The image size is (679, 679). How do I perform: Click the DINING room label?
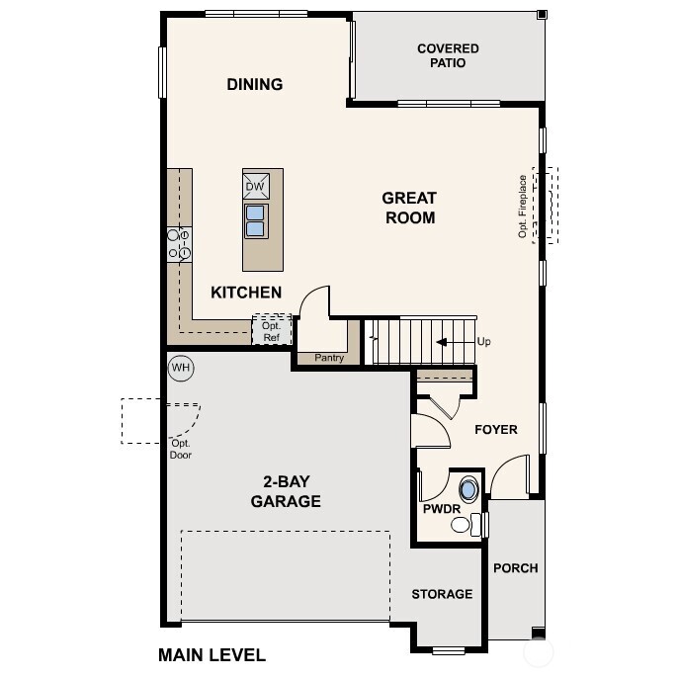click(x=255, y=85)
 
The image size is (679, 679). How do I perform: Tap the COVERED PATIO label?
click(x=448, y=56)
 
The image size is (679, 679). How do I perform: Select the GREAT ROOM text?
click(x=409, y=208)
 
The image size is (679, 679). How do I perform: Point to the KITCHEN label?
click(x=246, y=293)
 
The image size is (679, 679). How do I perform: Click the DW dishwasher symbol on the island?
click(x=255, y=186)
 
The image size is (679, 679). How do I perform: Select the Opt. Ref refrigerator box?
click(x=272, y=331)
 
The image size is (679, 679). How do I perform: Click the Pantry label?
click(x=328, y=358)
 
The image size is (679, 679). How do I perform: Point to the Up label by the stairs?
click(x=483, y=342)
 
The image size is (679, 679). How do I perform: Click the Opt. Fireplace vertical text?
click(x=523, y=207)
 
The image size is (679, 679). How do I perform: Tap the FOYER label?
click(x=496, y=430)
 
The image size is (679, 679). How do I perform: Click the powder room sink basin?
click(x=468, y=488)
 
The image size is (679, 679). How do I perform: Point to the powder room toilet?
click(x=466, y=524)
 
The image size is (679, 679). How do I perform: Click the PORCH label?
click(x=515, y=568)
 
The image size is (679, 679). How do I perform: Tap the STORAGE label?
click(x=442, y=594)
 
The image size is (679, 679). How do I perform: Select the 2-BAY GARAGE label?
click(x=285, y=492)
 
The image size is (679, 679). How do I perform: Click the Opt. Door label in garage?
click(x=181, y=450)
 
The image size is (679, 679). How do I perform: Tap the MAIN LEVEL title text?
click(x=212, y=654)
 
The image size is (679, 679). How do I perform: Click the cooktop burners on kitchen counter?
click(x=179, y=244)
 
